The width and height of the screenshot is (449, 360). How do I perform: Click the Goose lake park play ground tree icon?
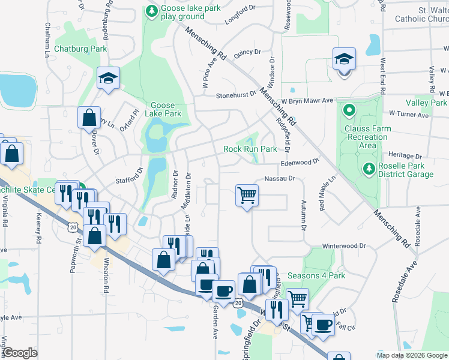click(x=151, y=11)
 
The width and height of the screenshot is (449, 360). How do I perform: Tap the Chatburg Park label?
click(x=80, y=48)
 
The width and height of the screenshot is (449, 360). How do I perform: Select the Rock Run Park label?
click(x=250, y=149)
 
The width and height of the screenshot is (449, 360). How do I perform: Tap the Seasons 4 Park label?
click(x=316, y=275)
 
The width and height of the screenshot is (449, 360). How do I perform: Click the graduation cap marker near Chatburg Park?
click(x=109, y=79)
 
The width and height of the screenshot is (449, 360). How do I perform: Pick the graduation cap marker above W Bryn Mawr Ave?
click(x=345, y=59)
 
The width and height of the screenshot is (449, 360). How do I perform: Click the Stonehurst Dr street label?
click(x=235, y=95)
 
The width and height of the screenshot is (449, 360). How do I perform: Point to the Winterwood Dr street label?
click(x=344, y=246)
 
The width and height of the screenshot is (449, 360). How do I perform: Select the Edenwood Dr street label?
click(x=299, y=163)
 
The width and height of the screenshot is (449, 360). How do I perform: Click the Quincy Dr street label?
click(x=247, y=53)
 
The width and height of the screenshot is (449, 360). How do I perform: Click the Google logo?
click(x=20, y=353)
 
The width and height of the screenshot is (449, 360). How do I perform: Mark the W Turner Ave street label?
click(x=411, y=113)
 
